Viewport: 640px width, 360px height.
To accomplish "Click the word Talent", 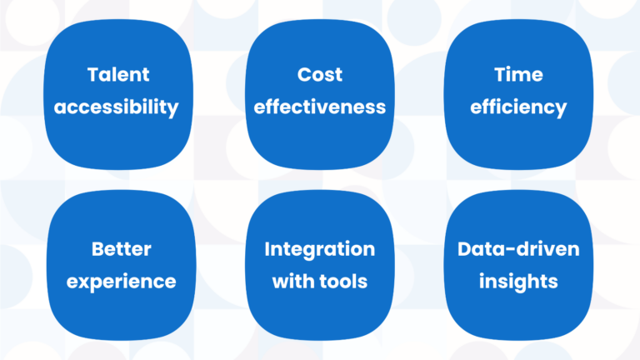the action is pyautogui.click(x=118, y=75).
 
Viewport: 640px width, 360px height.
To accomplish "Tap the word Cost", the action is pyautogui.click(x=320, y=75).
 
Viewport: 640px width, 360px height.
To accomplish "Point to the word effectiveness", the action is pyautogui.click(x=320, y=107).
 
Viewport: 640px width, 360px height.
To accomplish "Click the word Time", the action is pyautogui.click(x=518, y=75).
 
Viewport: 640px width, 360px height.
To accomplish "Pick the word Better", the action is pyautogui.click(x=121, y=249).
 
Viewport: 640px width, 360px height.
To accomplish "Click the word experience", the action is pyautogui.click(x=121, y=282).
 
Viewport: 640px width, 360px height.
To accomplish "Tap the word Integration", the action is pyautogui.click(x=320, y=250).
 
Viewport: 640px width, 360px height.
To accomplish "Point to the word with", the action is pyautogui.click(x=293, y=282).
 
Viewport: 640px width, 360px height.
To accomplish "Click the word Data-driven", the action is pyautogui.click(x=518, y=249).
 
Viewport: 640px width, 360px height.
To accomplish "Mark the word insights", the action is pyautogui.click(x=518, y=282).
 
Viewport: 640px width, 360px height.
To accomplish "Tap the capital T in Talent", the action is pyautogui.click(x=94, y=75).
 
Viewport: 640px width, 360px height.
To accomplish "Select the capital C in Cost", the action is pyautogui.click(x=305, y=75).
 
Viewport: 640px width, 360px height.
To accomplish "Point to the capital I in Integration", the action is pyautogui.click(x=267, y=249).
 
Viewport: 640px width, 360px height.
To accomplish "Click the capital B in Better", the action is pyautogui.click(x=98, y=249).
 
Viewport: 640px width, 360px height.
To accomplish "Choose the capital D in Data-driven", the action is pyautogui.click(x=465, y=249).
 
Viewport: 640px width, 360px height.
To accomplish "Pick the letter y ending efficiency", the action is pyautogui.click(x=560, y=110).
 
